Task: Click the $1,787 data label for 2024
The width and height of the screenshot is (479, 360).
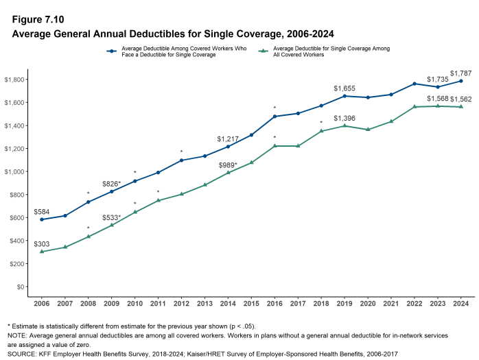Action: tap(460, 73)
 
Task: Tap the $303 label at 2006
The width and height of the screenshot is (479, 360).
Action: tap(41, 243)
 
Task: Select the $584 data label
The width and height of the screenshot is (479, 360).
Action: tap(41, 212)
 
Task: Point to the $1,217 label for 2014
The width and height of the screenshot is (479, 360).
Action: tap(228, 139)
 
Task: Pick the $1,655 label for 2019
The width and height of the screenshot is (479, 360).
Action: tap(344, 88)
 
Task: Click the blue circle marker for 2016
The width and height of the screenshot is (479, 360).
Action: tap(274, 117)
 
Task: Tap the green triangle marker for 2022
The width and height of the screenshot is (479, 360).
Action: tap(414, 107)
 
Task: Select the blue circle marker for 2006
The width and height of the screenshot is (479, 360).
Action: tap(41, 219)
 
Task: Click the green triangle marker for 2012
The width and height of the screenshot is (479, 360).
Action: tap(181, 194)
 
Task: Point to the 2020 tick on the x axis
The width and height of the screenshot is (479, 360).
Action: tap(367, 303)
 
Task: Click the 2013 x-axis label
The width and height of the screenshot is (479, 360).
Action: tap(205, 303)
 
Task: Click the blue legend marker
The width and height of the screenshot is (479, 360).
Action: tap(110, 51)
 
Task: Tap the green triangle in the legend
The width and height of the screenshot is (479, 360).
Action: tap(262, 51)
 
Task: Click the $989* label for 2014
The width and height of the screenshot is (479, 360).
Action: tap(228, 165)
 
